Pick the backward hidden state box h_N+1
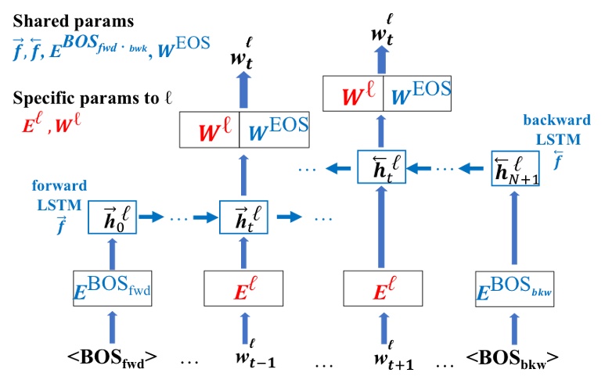[x=517, y=167]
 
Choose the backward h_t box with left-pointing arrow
[x=382, y=167]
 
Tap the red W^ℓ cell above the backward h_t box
[x=354, y=95]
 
